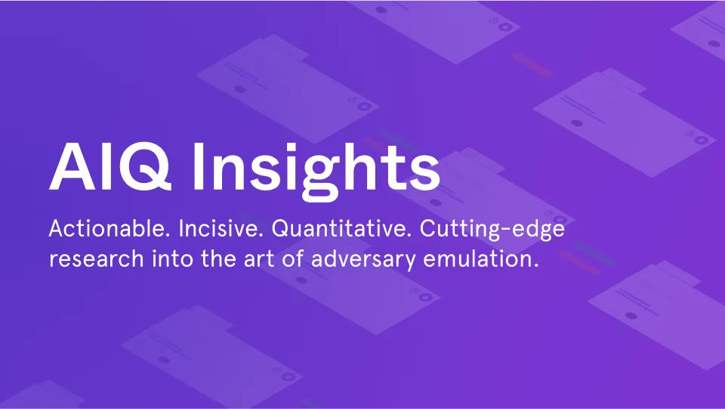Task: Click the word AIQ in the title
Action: point(110,166)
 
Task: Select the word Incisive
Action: point(221,228)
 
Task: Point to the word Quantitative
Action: point(341,229)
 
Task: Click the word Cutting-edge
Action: point(492,230)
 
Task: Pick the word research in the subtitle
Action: point(96,259)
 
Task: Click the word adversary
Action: point(363,259)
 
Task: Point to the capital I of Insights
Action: point(198,166)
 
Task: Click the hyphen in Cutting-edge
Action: point(505,231)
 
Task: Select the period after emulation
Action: point(536,266)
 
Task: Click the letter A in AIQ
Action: point(72,166)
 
